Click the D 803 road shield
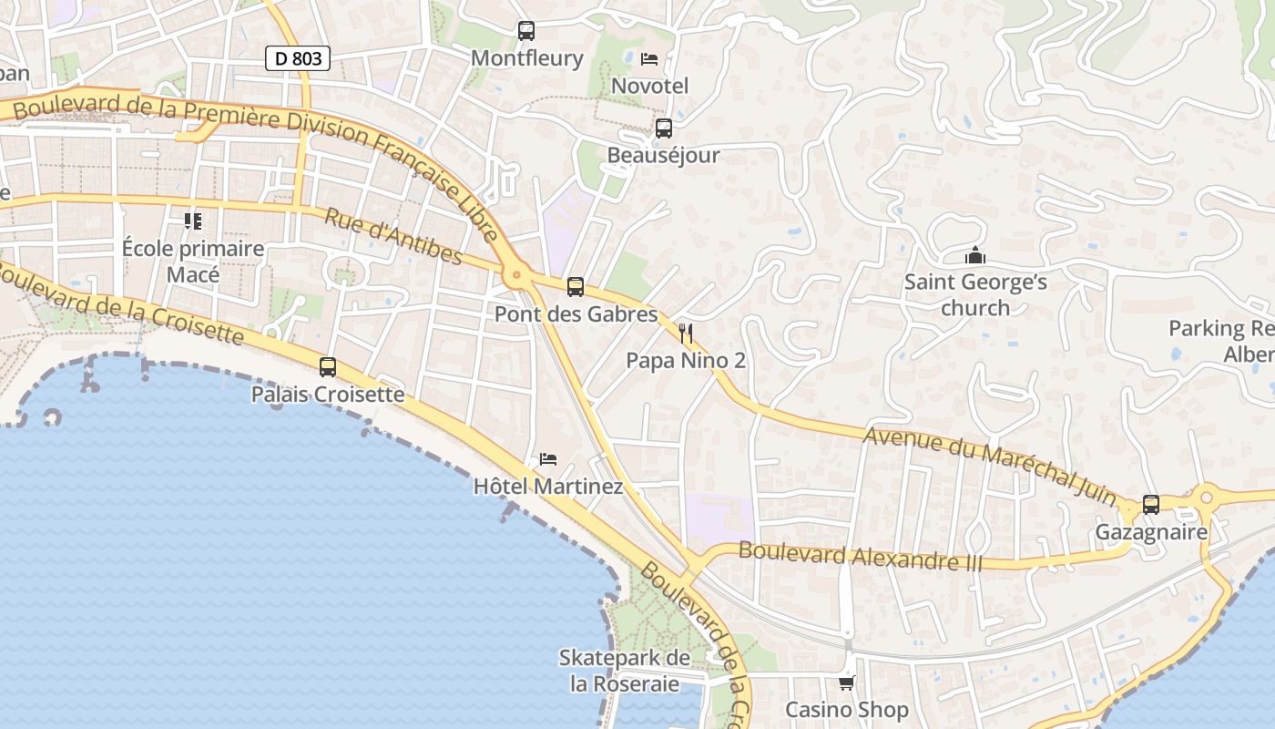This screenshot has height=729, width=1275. [x=298, y=58]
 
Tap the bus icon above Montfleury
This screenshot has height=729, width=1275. [x=526, y=31]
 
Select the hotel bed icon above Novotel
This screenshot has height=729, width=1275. [x=649, y=59]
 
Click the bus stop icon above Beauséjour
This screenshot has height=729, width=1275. [x=664, y=128]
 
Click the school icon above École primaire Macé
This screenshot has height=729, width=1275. [x=192, y=221]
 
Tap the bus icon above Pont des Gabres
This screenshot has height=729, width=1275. [x=576, y=287]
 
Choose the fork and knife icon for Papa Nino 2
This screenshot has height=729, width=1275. [x=686, y=334]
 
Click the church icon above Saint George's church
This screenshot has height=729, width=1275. [x=975, y=255]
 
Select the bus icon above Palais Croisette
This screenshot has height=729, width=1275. [x=328, y=367]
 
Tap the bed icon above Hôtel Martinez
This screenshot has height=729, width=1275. [x=548, y=458]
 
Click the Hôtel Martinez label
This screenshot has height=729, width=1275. [x=548, y=487]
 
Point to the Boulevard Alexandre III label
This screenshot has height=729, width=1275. [x=861, y=556]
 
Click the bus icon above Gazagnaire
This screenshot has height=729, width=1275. [x=1151, y=504]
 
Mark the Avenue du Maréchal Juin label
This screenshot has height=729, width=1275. [x=989, y=466]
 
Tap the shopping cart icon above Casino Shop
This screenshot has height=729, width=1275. [x=847, y=682]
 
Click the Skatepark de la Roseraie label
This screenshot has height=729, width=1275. [x=625, y=671]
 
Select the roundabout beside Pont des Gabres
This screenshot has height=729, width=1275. [x=517, y=272]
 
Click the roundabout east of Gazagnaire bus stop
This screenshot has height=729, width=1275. [x=1207, y=498]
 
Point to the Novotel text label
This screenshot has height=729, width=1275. [x=649, y=86]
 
